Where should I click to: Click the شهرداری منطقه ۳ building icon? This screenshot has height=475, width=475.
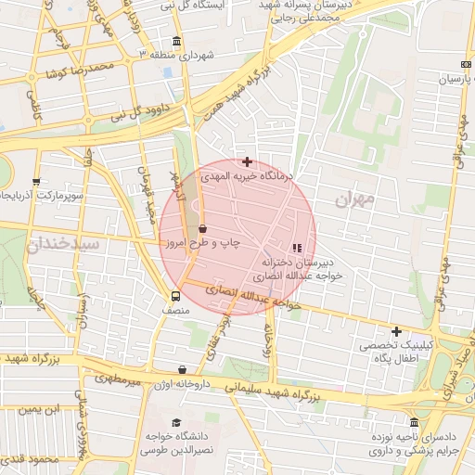point(177,42)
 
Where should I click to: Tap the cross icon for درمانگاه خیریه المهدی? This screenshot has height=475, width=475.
point(247,161)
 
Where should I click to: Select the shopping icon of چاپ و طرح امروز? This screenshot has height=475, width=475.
point(202,228)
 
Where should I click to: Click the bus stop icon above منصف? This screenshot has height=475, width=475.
point(175,297)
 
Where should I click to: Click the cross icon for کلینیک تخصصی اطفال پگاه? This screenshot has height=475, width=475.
point(396,331)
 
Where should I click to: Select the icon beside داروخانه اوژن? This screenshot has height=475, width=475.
point(181,369)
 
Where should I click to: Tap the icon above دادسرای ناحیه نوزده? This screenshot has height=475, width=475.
point(414,422)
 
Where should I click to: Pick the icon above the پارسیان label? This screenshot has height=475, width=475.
point(465,64)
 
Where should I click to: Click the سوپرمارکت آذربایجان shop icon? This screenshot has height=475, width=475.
point(36,182)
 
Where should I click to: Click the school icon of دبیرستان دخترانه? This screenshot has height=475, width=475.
point(297,248)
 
